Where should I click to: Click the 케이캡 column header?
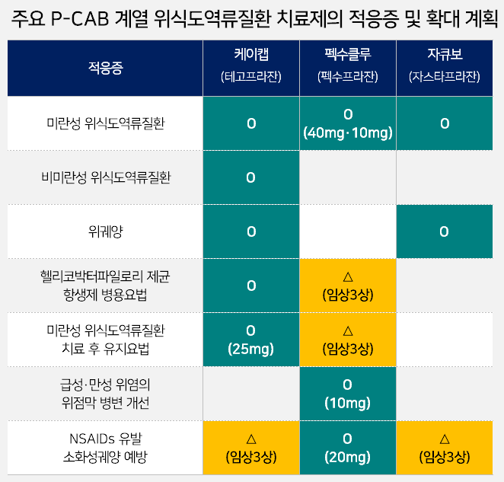coord(251,69)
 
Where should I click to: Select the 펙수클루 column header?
coord(348,69)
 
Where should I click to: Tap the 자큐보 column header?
coord(445,69)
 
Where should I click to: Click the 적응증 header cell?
coord(105,69)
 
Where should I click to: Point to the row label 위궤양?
coord(105,231)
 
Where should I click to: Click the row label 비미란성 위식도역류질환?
coord(105,177)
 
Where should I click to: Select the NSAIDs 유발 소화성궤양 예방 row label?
coord(105,448)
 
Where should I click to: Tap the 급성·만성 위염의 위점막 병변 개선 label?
coord(105,394)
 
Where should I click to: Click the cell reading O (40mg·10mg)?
coord(348,123)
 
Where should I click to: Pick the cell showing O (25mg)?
coord(251,340)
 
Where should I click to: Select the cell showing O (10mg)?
coord(348,394)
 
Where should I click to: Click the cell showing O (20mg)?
coord(348,448)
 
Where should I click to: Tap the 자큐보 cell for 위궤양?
coord(445,231)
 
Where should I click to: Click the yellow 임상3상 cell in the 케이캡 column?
coord(251,448)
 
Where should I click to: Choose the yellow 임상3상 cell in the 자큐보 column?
coord(445,448)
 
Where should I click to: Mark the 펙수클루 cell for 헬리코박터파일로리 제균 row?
coord(348,286)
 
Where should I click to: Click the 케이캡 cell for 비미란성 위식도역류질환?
coord(251,177)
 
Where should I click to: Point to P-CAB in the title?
coord(80,19)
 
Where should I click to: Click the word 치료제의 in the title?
coord(309,19)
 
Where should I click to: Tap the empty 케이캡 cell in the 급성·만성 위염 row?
coord(251,394)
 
